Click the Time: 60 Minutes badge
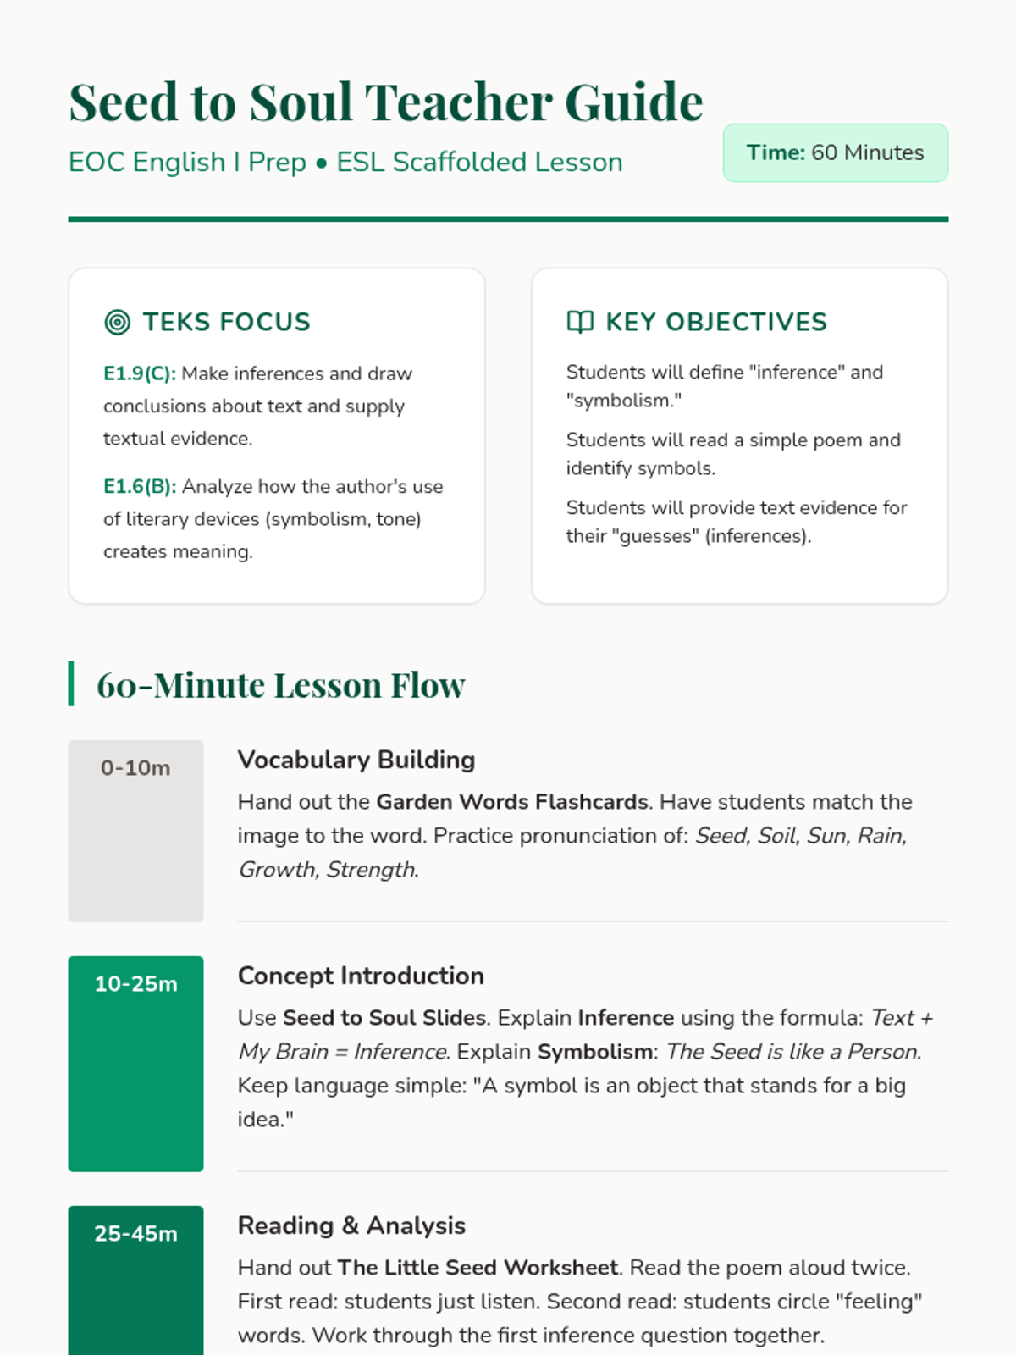[835, 153]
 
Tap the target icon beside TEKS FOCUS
[117, 322]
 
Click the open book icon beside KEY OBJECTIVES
[580, 322]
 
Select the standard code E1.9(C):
[140, 373]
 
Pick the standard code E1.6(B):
[140, 487]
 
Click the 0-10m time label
[135, 768]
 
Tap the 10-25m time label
[135, 984]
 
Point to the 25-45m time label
[135, 1234]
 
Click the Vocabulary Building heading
[356, 760]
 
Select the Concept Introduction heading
[361, 976]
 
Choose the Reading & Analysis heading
[351, 1225]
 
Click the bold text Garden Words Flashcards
[512, 802]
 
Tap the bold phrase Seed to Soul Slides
[384, 1018]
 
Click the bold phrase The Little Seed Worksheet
[478, 1268]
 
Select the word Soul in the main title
[301, 102]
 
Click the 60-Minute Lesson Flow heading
[280, 685]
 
